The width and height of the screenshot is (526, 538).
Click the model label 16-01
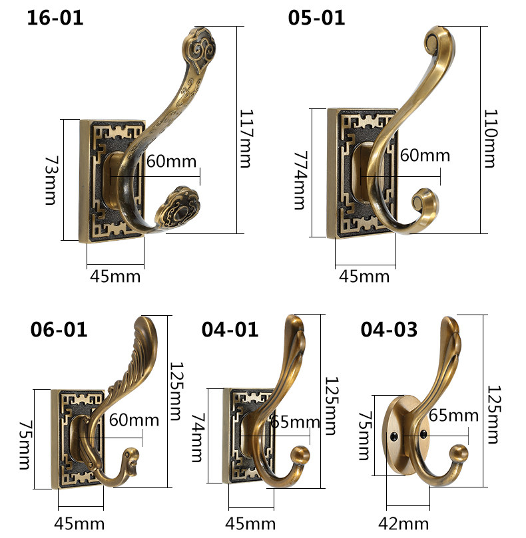[x=55, y=17]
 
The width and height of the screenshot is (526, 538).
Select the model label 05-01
[x=316, y=17]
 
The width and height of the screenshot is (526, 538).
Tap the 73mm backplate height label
[x=51, y=180]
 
